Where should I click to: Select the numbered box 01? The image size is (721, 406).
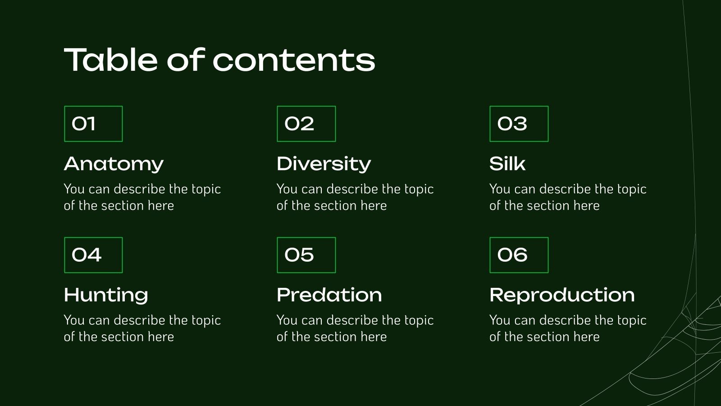pos(93,124)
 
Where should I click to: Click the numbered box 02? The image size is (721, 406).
pos(306,124)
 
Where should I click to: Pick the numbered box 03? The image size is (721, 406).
pos(519,124)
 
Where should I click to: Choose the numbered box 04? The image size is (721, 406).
pos(93,255)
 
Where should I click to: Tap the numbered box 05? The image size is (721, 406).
pos(306,255)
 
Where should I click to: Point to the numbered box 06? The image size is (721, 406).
pos(519,255)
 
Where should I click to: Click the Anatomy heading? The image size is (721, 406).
pos(114,164)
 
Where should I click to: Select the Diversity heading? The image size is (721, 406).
pos(324,164)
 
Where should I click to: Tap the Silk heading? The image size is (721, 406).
pos(507,164)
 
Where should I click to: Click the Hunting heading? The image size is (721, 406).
pos(106,295)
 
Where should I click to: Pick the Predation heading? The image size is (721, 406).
pos(329,295)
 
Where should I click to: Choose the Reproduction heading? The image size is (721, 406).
pos(562,295)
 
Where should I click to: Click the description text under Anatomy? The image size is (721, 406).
pos(142,197)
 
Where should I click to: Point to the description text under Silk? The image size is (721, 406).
pos(567,197)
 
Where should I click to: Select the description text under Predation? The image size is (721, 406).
pos(355,328)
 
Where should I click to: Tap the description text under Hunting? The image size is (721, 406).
pos(142,328)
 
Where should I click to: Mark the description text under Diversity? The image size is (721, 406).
pos(355,197)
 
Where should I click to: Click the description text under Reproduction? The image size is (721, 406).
pos(567,328)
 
